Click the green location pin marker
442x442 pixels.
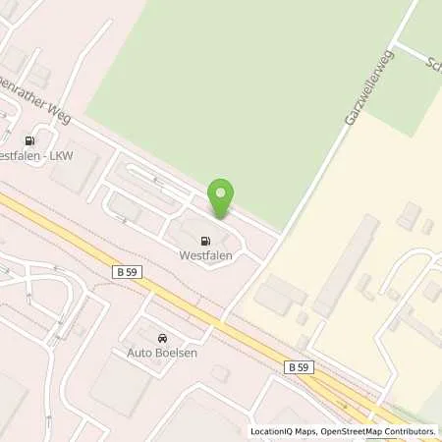[221, 196]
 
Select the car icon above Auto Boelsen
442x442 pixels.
[163, 337]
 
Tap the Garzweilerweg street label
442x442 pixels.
[363, 97]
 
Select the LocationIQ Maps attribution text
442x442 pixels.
[281, 431]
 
